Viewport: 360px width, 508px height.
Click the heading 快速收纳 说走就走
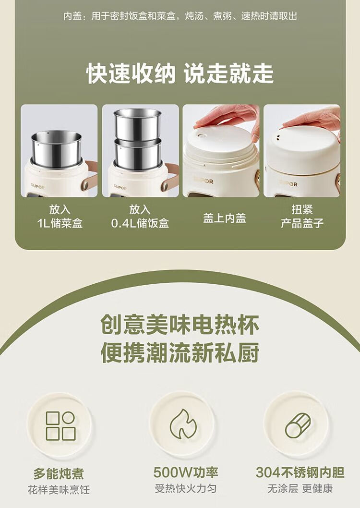[x=180, y=73]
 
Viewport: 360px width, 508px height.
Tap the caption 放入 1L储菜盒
[x=60, y=217]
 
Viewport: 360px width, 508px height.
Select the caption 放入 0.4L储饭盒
[x=140, y=217]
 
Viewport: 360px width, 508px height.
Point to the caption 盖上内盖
[x=224, y=218]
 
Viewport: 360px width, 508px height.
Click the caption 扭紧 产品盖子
[x=302, y=217]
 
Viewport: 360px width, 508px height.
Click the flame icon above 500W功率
[x=183, y=423]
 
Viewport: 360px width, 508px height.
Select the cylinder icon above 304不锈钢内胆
[x=298, y=425]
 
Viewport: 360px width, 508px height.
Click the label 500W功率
[x=185, y=472]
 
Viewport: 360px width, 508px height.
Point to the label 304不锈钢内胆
[x=300, y=472]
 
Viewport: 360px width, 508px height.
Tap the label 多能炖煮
[x=59, y=473]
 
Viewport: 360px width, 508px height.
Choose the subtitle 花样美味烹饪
[x=59, y=490]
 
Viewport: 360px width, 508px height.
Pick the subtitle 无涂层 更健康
[x=300, y=488]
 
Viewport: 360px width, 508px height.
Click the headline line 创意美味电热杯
[x=180, y=324]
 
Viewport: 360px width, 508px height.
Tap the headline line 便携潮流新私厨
[x=180, y=352]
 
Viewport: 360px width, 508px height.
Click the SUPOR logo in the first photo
[x=38, y=186]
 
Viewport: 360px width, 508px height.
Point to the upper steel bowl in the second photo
[x=138, y=124]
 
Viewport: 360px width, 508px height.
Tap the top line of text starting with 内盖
[x=180, y=16]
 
